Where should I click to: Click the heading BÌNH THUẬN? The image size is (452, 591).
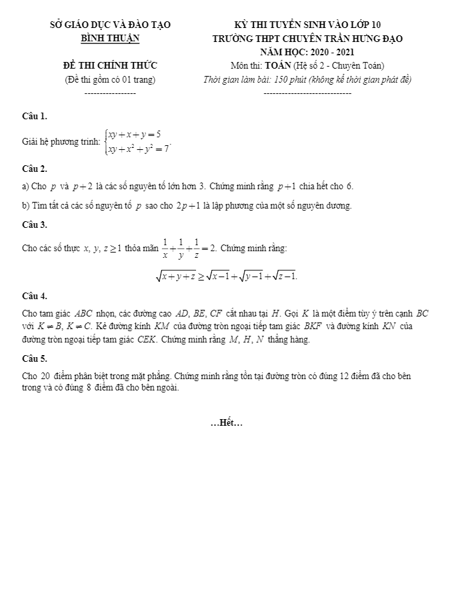pyautogui.click(x=111, y=39)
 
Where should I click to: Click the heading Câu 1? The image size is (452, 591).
pyautogui.click(x=35, y=117)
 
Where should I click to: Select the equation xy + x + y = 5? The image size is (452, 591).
pyautogui.click(x=135, y=134)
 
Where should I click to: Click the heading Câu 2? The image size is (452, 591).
pyautogui.click(x=35, y=169)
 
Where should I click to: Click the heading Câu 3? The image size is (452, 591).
pyautogui.click(x=35, y=225)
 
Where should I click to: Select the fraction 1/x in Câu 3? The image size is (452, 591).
pyautogui.click(x=165, y=249)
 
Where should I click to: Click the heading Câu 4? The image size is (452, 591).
pyautogui.click(x=35, y=295)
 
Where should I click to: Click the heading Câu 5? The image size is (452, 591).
pyautogui.click(x=35, y=358)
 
